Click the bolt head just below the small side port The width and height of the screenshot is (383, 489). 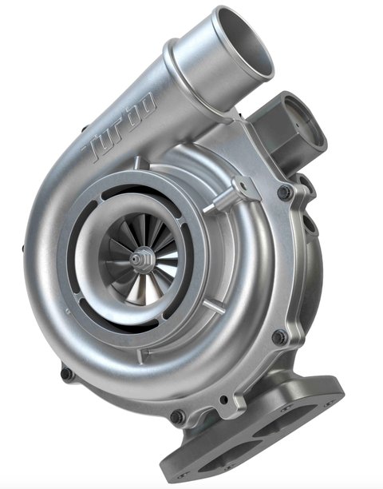(x=284, y=192)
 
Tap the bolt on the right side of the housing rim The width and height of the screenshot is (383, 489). (x=279, y=336)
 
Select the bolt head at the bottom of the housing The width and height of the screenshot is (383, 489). (x=177, y=416)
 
